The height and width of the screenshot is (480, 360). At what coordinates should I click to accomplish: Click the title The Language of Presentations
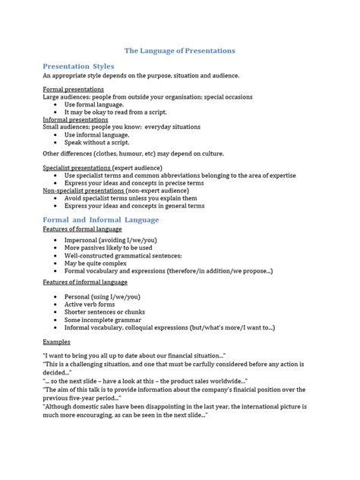click(x=180, y=50)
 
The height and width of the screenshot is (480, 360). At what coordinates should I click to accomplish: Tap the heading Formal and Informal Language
click(x=100, y=219)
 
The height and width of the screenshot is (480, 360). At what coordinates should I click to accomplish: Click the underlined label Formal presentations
click(x=74, y=90)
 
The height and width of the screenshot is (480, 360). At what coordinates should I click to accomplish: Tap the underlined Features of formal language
click(x=82, y=229)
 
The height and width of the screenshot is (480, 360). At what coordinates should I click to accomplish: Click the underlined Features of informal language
click(x=85, y=282)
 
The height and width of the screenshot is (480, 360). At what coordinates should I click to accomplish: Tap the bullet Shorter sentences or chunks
click(x=111, y=312)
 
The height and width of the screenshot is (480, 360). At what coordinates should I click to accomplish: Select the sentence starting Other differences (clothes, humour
click(x=131, y=153)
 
